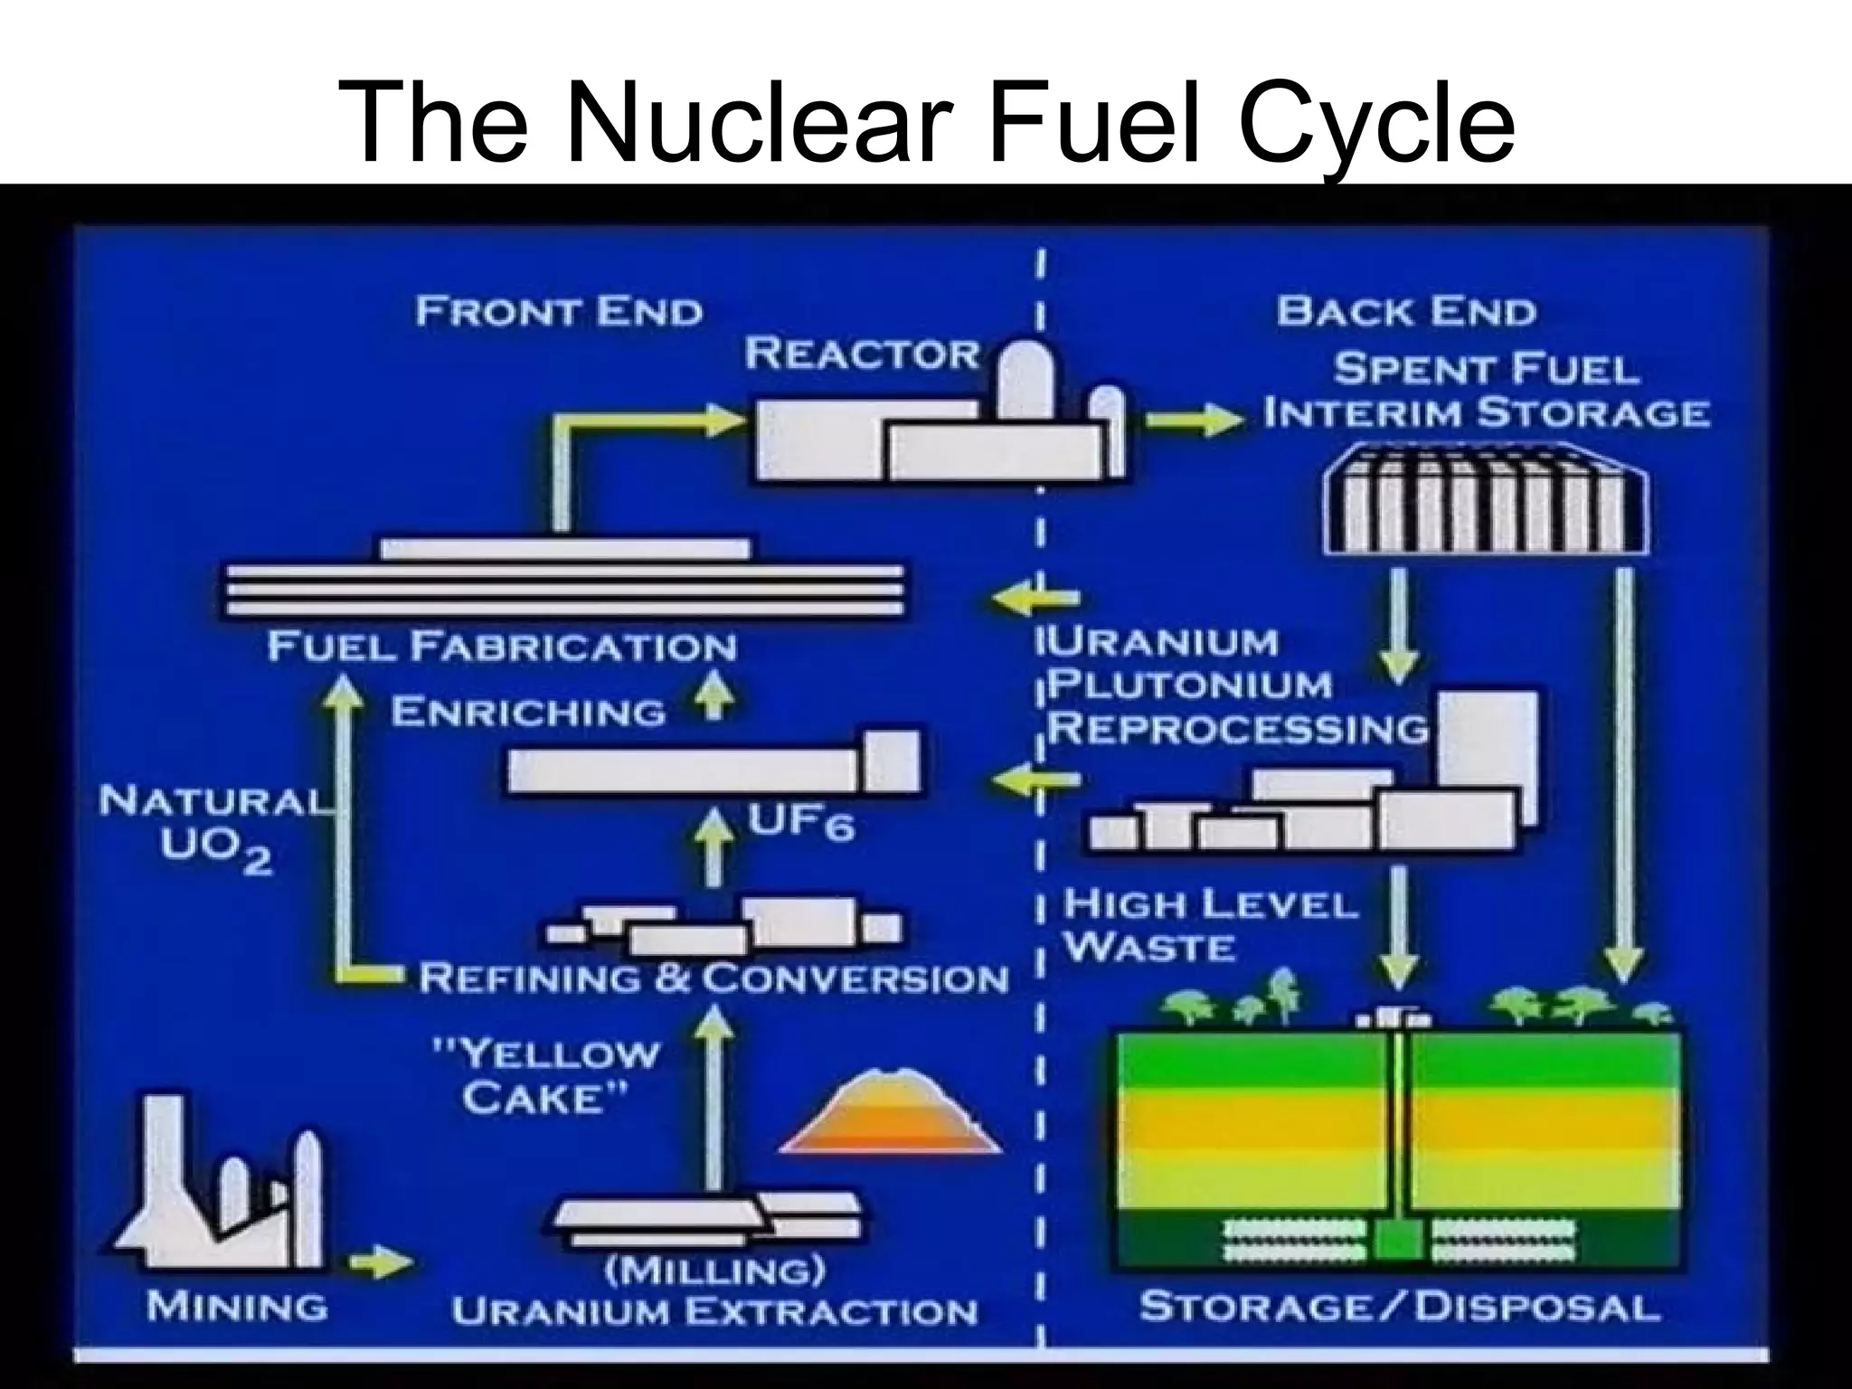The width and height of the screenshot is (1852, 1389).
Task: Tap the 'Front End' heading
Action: coord(559,312)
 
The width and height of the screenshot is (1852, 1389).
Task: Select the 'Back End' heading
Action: coord(1406,312)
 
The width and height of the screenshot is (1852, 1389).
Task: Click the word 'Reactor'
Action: coord(862,354)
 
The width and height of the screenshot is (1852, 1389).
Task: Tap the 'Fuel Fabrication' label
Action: coord(502,647)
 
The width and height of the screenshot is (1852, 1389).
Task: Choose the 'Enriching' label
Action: coord(528,713)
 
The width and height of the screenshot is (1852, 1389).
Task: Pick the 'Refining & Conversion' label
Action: coord(713,978)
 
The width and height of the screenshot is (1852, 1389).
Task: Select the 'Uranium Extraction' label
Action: coord(714,1312)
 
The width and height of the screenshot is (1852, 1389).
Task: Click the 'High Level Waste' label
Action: coord(1210,925)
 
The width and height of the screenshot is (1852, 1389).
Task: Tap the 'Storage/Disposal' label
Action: coord(1399,1308)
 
